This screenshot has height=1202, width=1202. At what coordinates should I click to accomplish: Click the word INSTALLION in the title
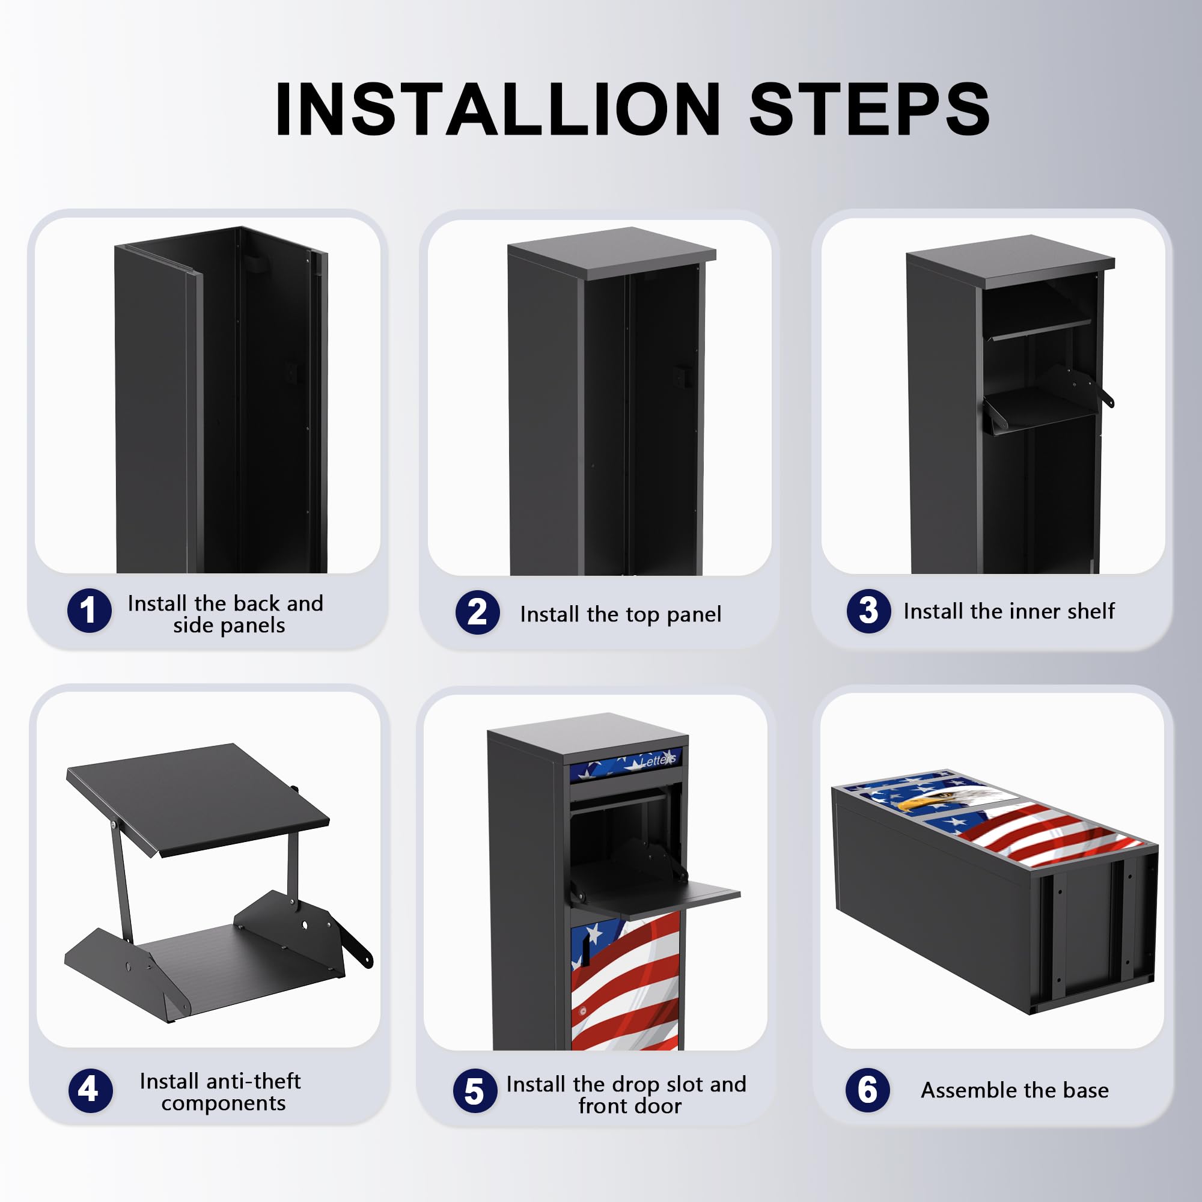pyautogui.click(x=498, y=109)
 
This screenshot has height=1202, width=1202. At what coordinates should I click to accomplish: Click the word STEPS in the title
pyautogui.click(x=870, y=109)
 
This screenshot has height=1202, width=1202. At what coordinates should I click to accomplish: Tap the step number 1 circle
pyautogui.click(x=90, y=611)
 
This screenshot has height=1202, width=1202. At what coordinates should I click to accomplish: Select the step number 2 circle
pyautogui.click(x=478, y=613)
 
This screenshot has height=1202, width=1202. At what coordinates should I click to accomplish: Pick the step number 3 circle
pyautogui.click(x=868, y=611)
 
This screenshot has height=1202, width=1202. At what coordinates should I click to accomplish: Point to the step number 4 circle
pyautogui.click(x=91, y=1091)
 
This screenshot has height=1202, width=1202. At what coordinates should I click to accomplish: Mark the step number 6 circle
pyautogui.click(x=868, y=1090)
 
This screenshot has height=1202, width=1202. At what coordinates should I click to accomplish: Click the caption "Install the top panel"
pyautogui.click(x=621, y=615)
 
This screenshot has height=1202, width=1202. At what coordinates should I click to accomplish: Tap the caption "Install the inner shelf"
pyautogui.click(x=1009, y=612)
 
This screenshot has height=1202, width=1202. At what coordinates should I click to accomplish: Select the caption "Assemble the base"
pyautogui.click(x=1014, y=1091)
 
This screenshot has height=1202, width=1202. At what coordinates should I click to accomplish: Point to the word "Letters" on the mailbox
pyautogui.click(x=658, y=760)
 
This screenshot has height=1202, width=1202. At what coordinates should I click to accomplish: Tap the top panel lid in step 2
pyautogui.click(x=612, y=252)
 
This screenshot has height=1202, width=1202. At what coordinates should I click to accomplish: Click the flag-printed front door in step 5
pyautogui.click(x=625, y=983)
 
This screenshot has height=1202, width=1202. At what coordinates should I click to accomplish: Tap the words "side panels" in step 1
pyautogui.click(x=229, y=625)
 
